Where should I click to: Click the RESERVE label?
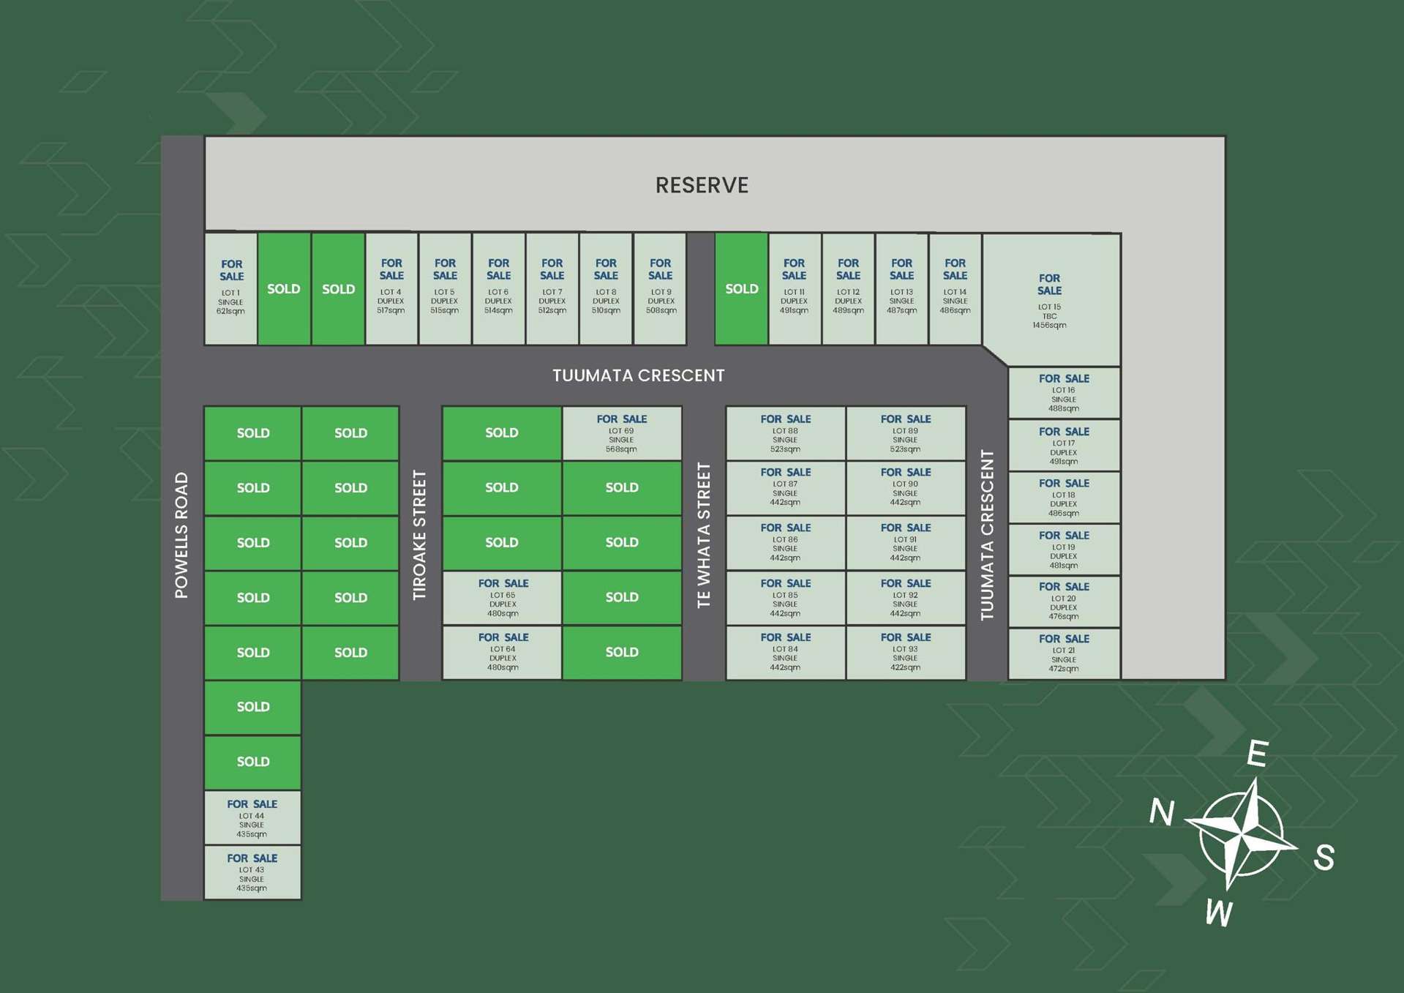pyautogui.click(x=702, y=185)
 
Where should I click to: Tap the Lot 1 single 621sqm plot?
pyautogui.click(x=231, y=288)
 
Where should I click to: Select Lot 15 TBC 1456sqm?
pyautogui.click(x=1050, y=300)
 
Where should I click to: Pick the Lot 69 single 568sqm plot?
pyautogui.click(x=621, y=433)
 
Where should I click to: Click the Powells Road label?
pyautogui.click(x=181, y=535)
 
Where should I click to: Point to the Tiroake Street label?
pyautogui.click(x=419, y=535)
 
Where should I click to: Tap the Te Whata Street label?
pyautogui.click(x=704, y=535)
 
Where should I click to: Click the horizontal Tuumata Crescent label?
pyautogui.click(x=638, y=375)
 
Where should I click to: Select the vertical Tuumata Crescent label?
pyautogui.click(x=987, y=535)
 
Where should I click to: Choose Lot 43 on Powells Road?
pyautogui.click(x=252, y=872)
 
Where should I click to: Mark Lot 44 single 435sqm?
pyautogui.click(x=252, y=817)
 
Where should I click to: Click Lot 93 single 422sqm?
pyautogui.click(x=905, y=652)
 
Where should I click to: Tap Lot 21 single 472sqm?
pyautogui.click(x=1064, y=653)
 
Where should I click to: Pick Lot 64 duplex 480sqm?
pyautogui.click(x=503, y=652)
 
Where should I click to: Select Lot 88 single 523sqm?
pyautogui.click(x=785, y=433)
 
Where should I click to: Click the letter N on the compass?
pyautogui.click(x=1162, y=812)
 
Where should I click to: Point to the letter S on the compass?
pyautogui.click(x=1324, y=856)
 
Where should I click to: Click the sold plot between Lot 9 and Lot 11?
pyautogui.click(x=741, y=288)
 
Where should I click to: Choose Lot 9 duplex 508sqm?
pyautogui.click(x=660, y=288)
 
